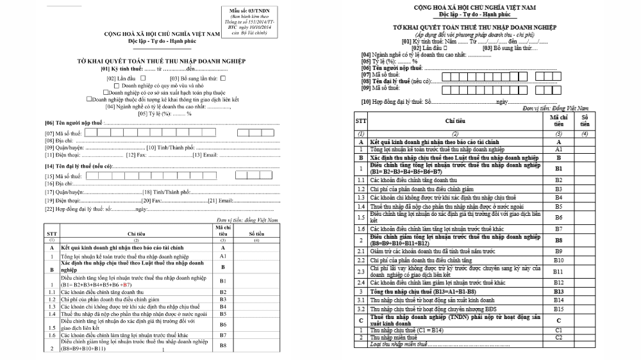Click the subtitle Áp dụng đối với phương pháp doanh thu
475,34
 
